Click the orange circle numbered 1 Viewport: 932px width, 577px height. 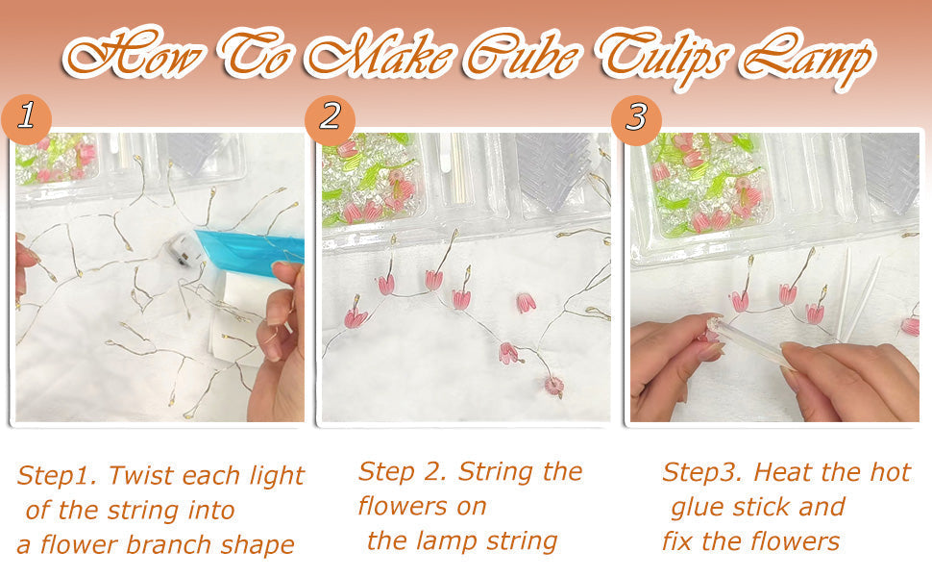click(27, 117)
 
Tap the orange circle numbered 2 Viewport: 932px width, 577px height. click(331, 117)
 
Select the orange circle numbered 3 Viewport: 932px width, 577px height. click(636, 117)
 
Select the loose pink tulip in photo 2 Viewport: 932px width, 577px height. click(526, 303)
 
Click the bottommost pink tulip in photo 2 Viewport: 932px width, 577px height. click(553, 387)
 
